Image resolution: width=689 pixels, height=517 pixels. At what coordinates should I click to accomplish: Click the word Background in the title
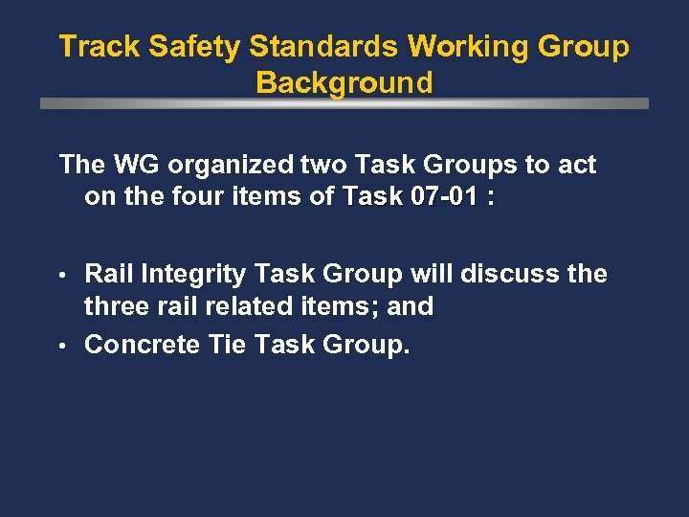[x=344, y=83]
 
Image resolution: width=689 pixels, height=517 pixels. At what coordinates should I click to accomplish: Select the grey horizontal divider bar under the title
[x=344, y=103]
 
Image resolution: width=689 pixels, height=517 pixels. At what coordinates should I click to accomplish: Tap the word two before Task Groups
[x=331, y=165]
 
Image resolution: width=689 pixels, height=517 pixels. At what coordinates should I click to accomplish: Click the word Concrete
[x=143, y=345]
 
